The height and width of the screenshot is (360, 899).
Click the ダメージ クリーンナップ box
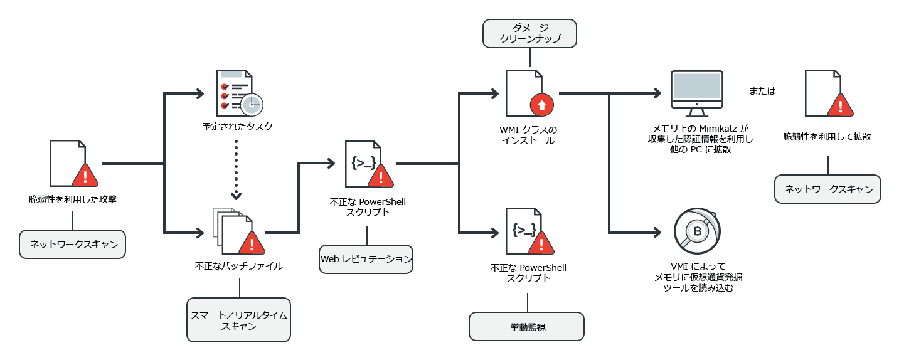(x=529, y=33)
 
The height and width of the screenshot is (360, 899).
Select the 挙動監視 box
(x=526, y=327)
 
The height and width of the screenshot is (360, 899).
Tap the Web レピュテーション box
(x=366, y=258)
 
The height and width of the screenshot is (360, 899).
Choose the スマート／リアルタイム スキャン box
(x=239, y=320)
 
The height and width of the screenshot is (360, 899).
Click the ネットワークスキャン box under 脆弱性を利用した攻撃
(x=73, y=245)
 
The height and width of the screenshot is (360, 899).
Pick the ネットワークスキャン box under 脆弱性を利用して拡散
(x=827, y=189)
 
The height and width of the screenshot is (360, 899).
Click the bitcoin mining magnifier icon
(x=696, y=231)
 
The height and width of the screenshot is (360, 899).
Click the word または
(x=762, y=91)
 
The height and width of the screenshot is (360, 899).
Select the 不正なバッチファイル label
(x=239, y=266)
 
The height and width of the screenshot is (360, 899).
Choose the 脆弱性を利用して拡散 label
(x=827, y=136)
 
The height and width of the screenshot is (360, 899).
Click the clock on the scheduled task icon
(x=252, y=105)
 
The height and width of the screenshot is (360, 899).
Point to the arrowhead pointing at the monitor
(x=657, y=93)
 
